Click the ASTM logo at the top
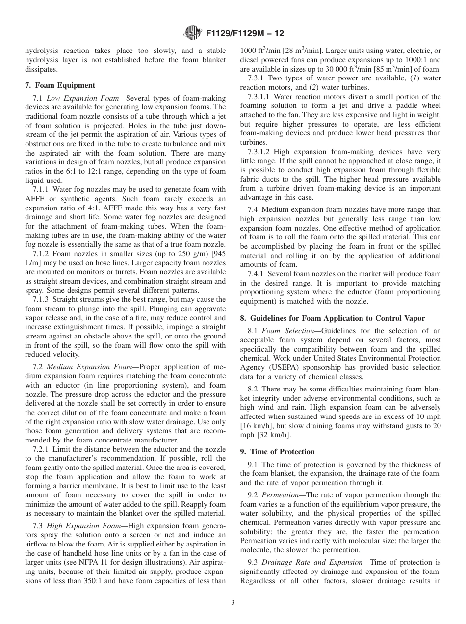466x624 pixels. click(192, 33)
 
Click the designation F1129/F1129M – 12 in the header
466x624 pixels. click(244, 34)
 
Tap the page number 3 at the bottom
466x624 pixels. click(233, 602)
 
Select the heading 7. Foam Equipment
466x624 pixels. click(60, 85)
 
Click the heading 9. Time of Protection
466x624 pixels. click(277, 452)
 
